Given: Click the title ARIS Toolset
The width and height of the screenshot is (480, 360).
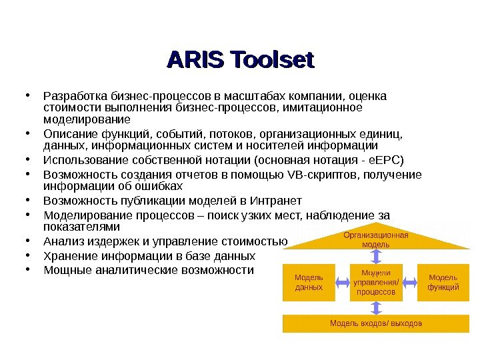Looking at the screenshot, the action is pos(240,60).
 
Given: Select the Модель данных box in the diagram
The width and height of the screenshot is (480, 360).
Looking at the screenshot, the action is pos(309,282).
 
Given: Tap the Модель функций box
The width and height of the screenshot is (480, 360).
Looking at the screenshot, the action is pos(443,282).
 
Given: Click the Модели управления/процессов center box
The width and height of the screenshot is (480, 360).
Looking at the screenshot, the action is pos(376,282).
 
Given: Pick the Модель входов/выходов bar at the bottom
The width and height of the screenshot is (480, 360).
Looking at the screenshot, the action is pos(376,323).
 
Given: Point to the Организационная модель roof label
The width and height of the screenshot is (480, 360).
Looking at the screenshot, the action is pos(376,239).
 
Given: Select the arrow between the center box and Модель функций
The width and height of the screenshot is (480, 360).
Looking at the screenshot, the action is pos(409,282).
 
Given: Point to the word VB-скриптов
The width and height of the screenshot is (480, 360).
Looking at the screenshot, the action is pos(321,175).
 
